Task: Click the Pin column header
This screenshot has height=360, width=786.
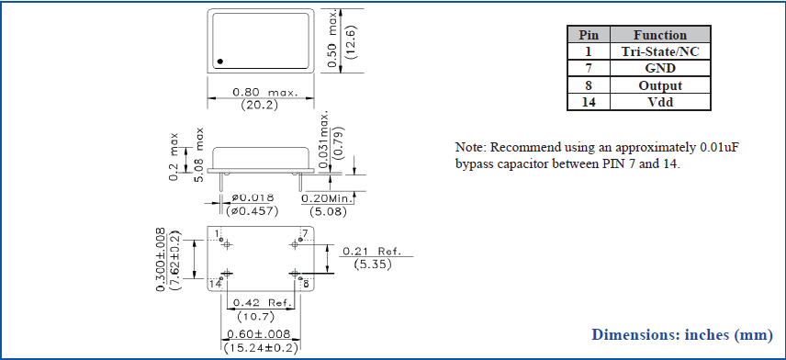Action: [589, 35]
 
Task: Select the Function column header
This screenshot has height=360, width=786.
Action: [660, 35]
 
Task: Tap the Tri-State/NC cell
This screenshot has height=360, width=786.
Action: [660, 51]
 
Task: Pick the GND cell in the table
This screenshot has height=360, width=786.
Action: [660, 69]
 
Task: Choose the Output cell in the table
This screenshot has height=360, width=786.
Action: [660, 85]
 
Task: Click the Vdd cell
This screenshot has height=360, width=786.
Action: [660, 102]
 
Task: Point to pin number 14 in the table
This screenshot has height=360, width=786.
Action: [589, 102]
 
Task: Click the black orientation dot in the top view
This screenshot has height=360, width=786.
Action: [219, 62]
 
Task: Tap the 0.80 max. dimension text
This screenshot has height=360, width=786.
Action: [265, 93]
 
